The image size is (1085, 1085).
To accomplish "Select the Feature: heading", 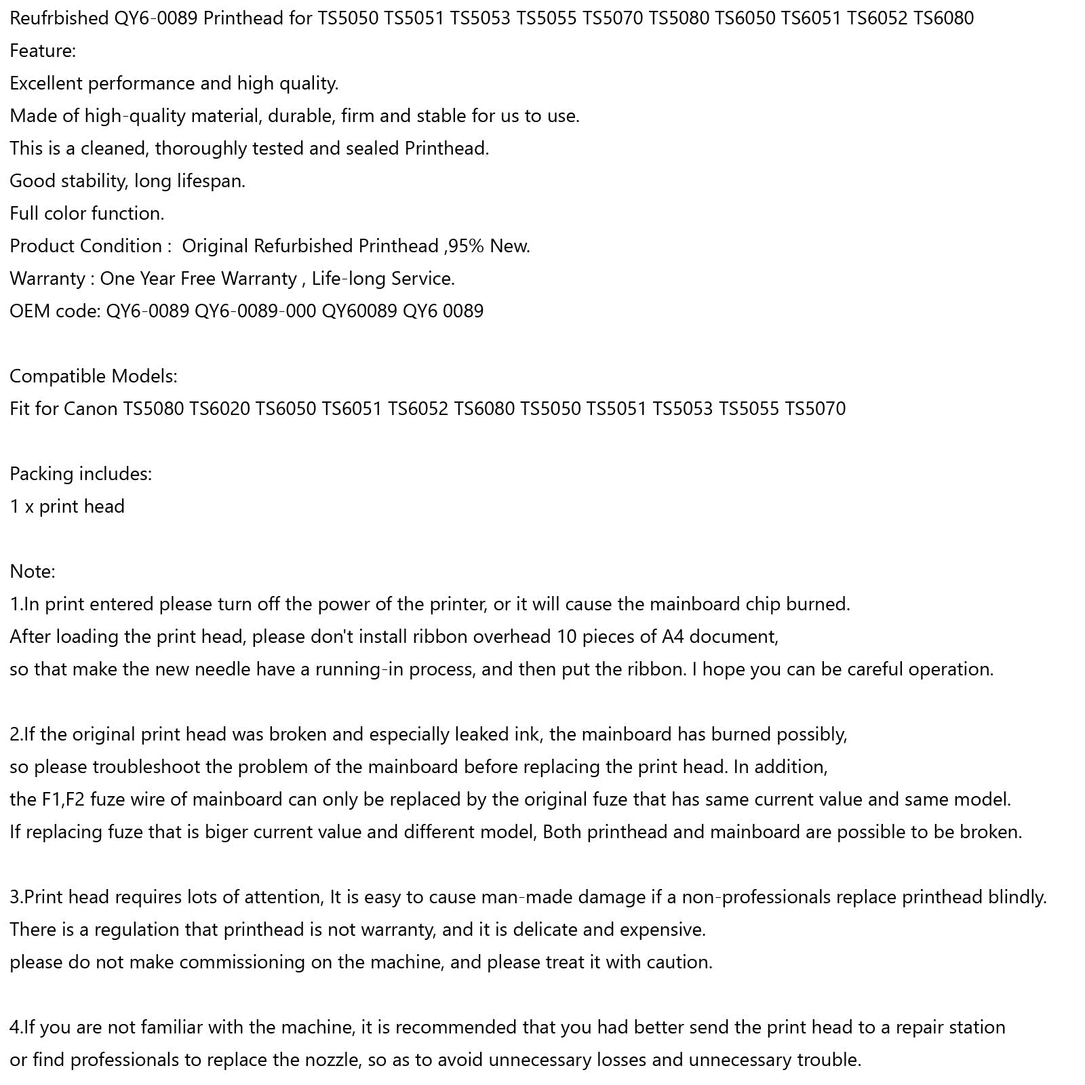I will pos(43,51).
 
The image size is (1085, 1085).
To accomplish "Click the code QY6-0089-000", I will pos(255,311).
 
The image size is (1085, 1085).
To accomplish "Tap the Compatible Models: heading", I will pos(94,376).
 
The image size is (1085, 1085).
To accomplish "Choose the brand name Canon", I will pos(90,409).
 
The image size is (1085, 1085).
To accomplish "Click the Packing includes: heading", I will pos(81,474).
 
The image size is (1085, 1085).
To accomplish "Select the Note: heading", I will pos(33,572).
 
